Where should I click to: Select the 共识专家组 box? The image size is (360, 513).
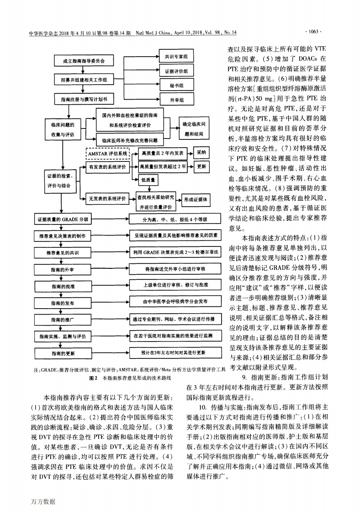tap(176, 57)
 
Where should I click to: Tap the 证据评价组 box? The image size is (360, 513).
tap(176, 71)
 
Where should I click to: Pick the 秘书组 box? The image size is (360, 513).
tap(176, 85)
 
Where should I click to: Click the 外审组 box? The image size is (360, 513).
tap(176, 99)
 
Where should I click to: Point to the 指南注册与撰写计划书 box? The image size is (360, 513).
tap(82, 98)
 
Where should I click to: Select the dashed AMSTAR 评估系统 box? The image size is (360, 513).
tap(108, 154)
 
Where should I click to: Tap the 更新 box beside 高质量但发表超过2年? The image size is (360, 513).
tap(202, 167)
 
